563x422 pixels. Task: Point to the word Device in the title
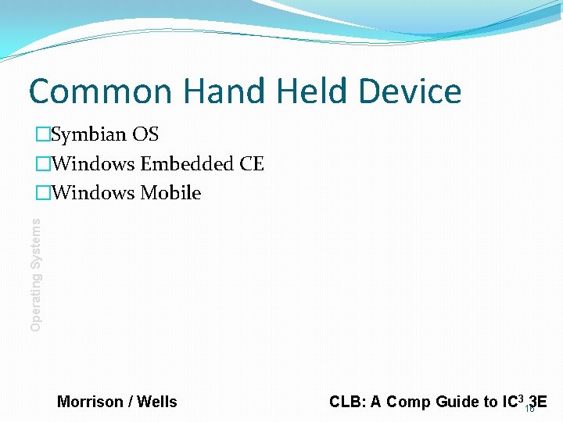pos(411,91)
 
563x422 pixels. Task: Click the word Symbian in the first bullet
pos(88,135)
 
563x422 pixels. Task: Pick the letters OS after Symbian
pos(145,134)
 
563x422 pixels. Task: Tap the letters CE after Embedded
pos(251,164)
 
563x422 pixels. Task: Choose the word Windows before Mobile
pos(93,193)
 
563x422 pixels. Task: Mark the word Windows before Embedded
pos(93,164)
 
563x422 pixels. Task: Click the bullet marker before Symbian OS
pos(42,135)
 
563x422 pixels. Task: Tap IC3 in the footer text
pos(512,402)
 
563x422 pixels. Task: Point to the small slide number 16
pos(529,409)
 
